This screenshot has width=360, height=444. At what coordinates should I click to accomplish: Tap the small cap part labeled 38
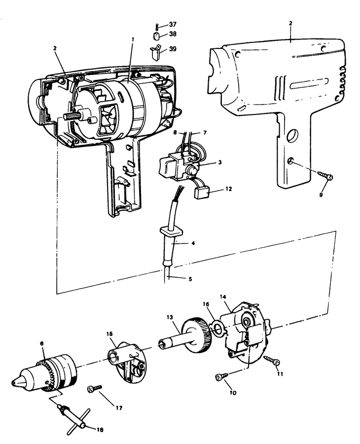point(156,36)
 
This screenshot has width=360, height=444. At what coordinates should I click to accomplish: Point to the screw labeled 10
point(220,378)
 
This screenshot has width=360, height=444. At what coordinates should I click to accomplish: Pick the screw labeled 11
point(270,360)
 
